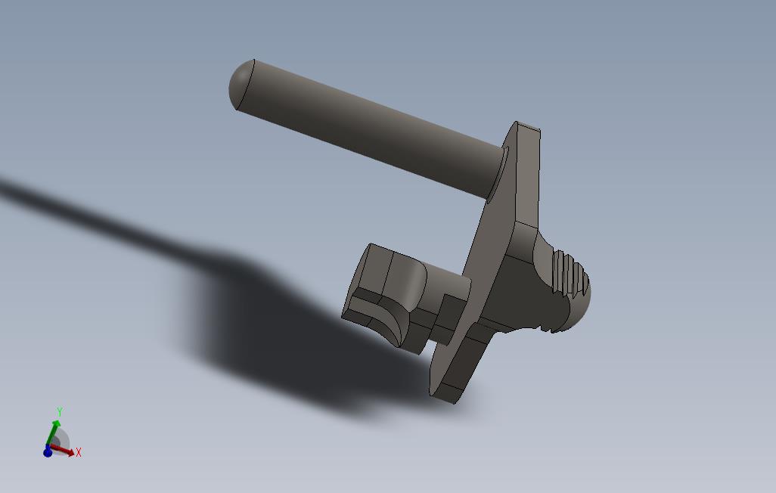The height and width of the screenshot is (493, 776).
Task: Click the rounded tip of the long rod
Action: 240,84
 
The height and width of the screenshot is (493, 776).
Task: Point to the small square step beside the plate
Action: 450,310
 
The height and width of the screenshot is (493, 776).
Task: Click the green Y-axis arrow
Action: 54,431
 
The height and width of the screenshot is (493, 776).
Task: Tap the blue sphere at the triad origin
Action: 48,451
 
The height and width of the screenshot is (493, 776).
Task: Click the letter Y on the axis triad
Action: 59,412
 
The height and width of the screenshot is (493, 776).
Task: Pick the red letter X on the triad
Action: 79,452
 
